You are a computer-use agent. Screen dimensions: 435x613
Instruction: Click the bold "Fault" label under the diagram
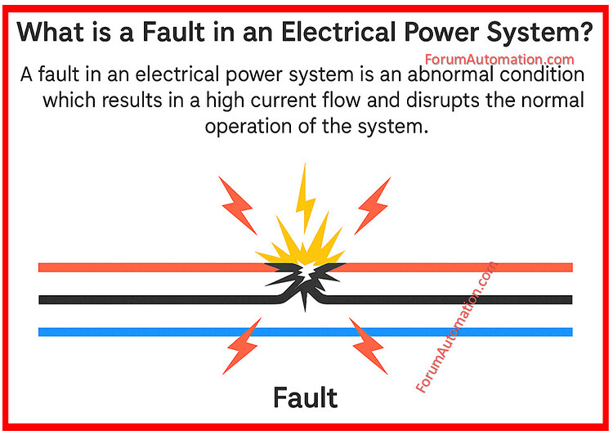point(305,397)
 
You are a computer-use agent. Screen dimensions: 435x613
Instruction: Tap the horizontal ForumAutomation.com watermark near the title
point(500,60)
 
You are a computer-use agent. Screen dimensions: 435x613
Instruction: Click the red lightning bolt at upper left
point(234,197)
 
